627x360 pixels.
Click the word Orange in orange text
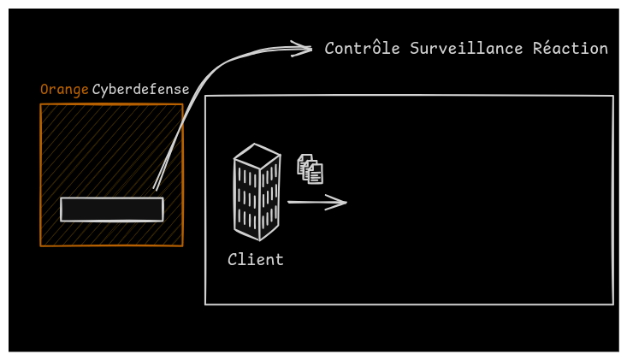tap(64, 90)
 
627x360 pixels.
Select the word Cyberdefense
tap(141, 90)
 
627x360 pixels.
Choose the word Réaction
tap(571, 49)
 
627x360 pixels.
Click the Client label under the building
tap(256, 259)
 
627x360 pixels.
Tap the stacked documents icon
tap(311, 168)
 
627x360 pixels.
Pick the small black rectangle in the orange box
tap(111, 210)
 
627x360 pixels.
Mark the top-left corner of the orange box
tap(41, 105)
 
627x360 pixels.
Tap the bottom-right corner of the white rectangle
tap(612, 304)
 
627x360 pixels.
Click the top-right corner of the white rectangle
tap(612, 96)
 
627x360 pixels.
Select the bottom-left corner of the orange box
tap(41, 246)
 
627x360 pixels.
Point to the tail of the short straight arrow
tap(289, 203)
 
